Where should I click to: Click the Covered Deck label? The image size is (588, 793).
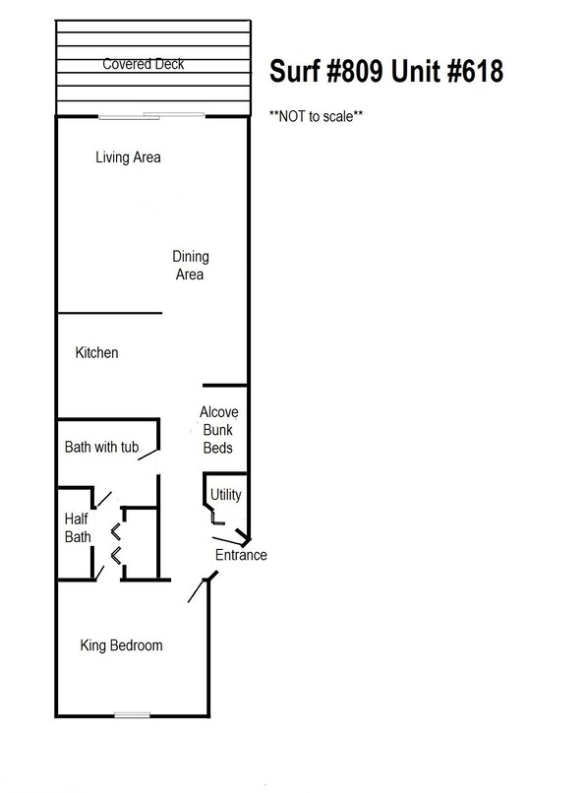pos(144,65)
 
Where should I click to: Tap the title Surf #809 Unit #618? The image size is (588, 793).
pos(387,71)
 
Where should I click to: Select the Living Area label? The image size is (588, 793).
pos(128,157)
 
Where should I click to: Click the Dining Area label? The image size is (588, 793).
pos(190,266)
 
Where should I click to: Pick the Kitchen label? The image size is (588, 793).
pos(96,352)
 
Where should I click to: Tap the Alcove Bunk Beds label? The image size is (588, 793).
pos(218,430)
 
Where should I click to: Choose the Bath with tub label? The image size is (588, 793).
pos(100,448)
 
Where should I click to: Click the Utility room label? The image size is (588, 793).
pos(225,495)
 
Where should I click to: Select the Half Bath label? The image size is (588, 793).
pos(78,528)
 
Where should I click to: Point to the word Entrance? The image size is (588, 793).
pos(241,555)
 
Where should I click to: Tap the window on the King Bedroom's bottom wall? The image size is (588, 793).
pos(132,713)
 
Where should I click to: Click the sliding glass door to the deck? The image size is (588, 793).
pos(151,117)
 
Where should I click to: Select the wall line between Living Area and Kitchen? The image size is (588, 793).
pos(109,314)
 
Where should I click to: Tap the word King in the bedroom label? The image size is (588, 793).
pos(95,645)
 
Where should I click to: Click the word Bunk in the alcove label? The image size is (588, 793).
pos(217,430)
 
